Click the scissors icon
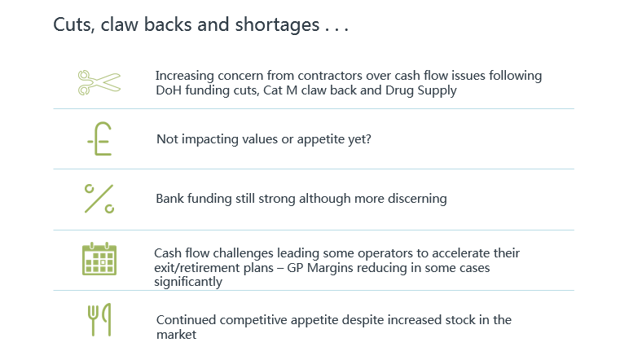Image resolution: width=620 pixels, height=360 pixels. [99, 82]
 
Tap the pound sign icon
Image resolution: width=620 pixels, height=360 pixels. [99, 138]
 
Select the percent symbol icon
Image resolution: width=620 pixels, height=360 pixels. [99, 199]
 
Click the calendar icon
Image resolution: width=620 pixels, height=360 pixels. [99, 259]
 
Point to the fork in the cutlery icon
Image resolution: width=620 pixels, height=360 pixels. [93, 320]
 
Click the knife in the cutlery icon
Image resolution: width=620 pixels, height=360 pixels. [107, 319]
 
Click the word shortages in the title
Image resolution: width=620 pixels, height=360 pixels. [277, 25]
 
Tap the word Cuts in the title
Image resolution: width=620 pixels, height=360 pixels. [74, 24]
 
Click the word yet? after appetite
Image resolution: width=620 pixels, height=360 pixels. [359, 139]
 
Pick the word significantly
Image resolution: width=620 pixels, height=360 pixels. [188, 282]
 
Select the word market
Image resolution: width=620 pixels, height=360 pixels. [176, 335]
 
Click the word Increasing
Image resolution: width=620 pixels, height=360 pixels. [185, 76]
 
